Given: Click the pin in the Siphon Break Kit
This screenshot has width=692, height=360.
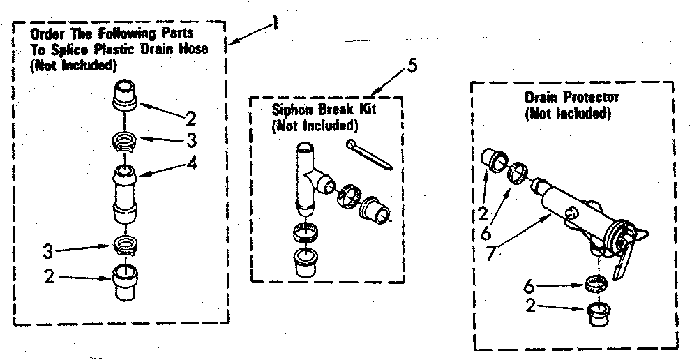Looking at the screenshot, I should tap(370, 153).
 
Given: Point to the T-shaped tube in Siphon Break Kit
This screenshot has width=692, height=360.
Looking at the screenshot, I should tap(308, 178).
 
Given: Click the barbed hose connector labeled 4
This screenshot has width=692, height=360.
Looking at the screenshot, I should tap(123, 191).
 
